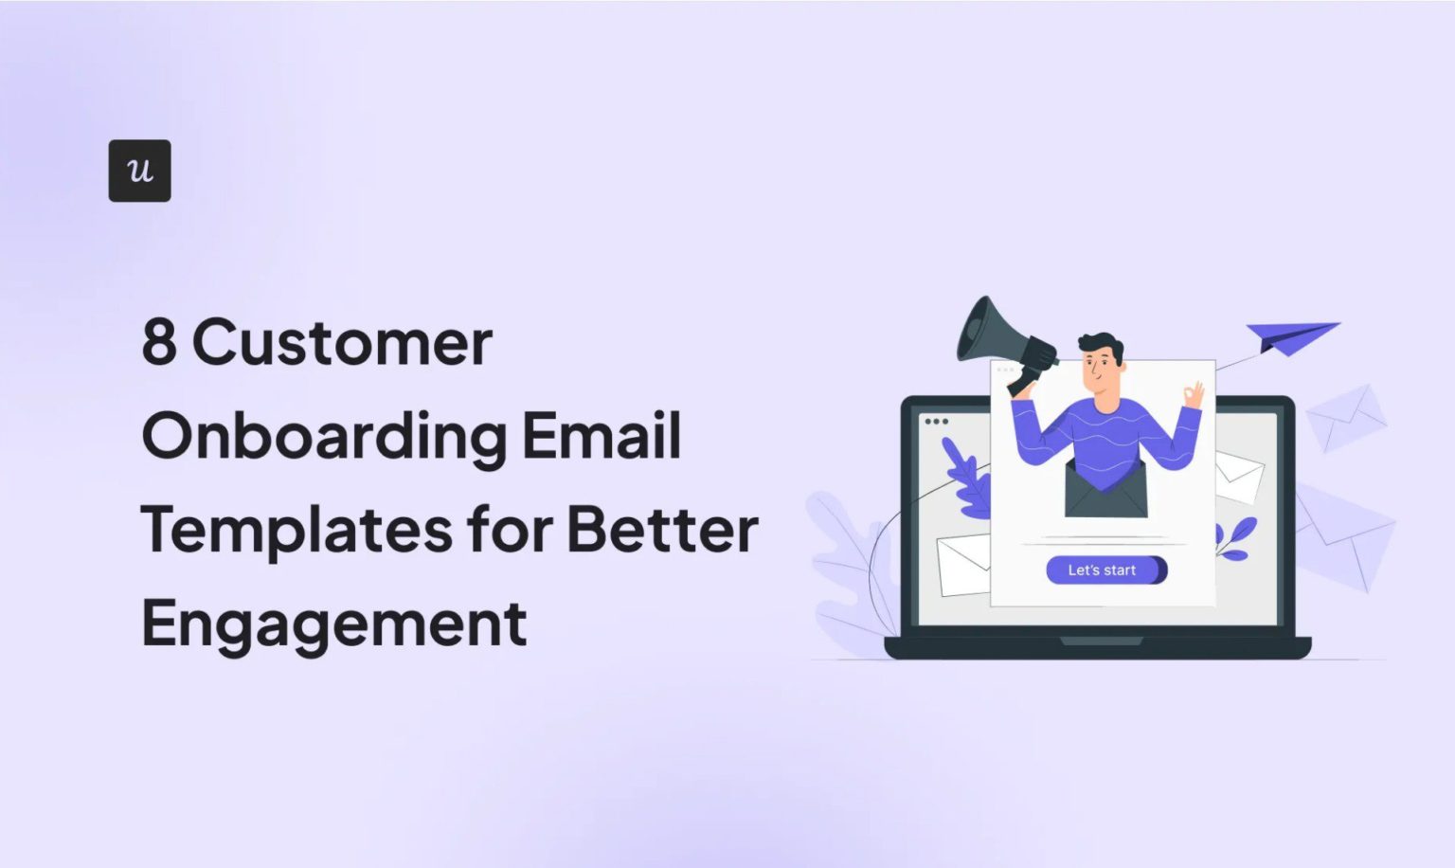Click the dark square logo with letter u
pyautogui.click(x=139, y=171)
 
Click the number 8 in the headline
pyautogui.click(x=159, y=342)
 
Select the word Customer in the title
pyautogui.click(x=342, y=342)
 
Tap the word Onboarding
pyautogui.click(x=324, y=437)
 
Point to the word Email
pyautogui.click(x=602, y=435)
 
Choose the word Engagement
pyautogui.click(x=333, y=624)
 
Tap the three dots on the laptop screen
pyautogui.click(x=936, y=422)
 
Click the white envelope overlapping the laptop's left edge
pyautogui.click(x=962, y=566)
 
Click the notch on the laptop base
pyautogui.click(x=1101, y=642)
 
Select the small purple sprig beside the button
pyautogui.click(x=1236, y=538)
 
